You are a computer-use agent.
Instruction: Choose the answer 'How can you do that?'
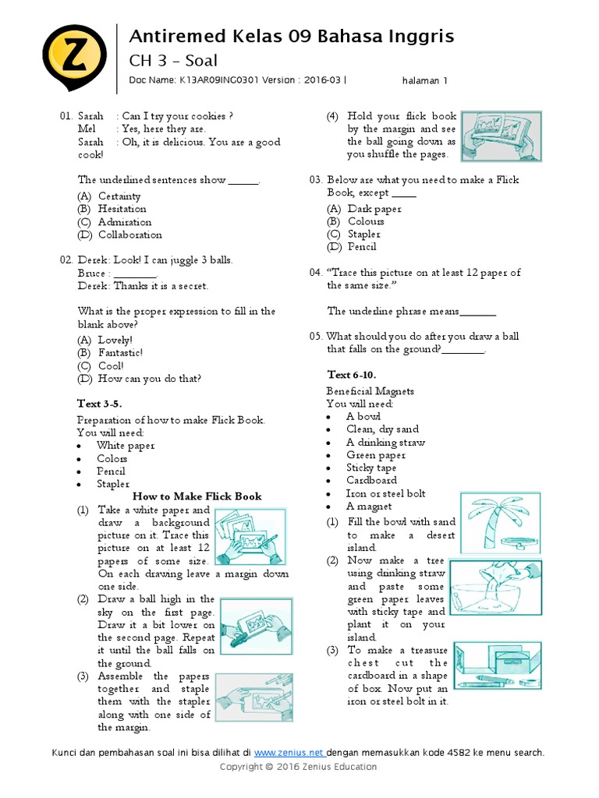point(149,379)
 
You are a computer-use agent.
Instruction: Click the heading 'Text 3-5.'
point(99,404)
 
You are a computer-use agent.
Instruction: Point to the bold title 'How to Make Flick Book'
point(197,496)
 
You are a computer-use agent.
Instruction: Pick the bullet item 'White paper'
point(126,446)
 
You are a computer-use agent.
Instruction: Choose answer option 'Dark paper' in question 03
point(374,209)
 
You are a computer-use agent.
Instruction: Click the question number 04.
point(315,273)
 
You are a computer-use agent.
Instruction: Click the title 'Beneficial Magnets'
point(370,391)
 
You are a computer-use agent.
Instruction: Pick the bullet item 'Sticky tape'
point(371,468)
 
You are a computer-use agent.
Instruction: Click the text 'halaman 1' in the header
point(425,80)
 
